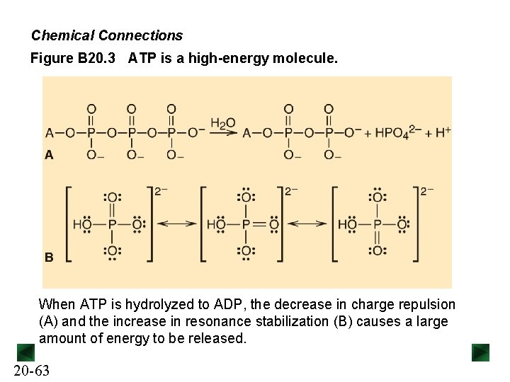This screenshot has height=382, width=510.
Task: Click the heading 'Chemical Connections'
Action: tap(107, 35)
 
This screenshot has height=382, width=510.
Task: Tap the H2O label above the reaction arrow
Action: tap(222, 124)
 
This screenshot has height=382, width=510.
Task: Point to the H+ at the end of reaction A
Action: tap(443, 132)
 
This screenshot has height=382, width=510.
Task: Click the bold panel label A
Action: tap(49, 154)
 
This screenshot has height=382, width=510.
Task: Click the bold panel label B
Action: tap(49, 257)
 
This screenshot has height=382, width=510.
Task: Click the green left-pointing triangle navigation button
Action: tap(25, 352)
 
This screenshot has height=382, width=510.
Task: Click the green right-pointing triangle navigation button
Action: tap(481, 352)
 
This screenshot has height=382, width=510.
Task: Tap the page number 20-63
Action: tap(32, 371)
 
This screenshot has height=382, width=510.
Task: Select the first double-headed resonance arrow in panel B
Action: tap(176, 224)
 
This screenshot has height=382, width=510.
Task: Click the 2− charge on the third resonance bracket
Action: tap(427, 191)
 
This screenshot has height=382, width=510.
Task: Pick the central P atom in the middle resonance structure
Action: tap(245, 224)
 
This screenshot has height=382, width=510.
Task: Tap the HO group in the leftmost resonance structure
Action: tap(83, 224)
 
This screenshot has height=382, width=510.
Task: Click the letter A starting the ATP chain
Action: tap(50, 132)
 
